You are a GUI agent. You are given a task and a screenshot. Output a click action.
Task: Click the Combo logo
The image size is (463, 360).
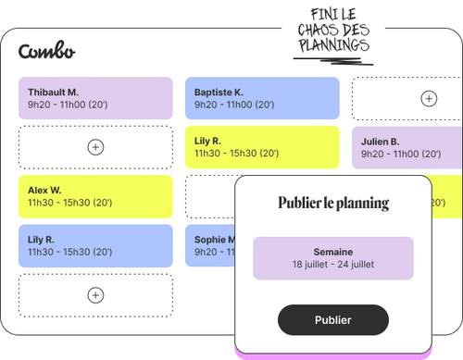[46, 52]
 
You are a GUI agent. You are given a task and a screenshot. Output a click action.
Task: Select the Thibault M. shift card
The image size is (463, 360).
[95, 98]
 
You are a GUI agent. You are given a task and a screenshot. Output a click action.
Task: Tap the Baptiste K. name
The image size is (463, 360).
[219, 93]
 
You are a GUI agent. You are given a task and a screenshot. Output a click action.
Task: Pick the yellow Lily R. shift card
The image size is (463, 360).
[262, 146]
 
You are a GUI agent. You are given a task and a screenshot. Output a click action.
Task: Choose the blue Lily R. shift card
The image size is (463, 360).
[95, 245]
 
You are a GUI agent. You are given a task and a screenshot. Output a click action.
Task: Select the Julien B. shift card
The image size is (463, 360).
[407, 147]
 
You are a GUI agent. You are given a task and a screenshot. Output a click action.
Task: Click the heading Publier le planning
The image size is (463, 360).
[333, 203]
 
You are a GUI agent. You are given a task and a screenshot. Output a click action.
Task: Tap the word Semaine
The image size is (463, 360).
[333, 250]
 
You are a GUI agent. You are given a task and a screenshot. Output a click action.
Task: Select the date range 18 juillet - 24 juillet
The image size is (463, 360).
[333, 264]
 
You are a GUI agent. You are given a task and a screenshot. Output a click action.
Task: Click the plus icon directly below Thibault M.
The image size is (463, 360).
[95, 146]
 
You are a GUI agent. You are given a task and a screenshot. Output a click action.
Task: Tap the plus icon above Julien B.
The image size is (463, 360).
[428, 98]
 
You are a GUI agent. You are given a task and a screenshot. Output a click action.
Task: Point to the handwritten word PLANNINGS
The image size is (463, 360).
[332, 44]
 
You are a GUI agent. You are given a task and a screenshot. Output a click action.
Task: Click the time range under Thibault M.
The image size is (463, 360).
[69, 106]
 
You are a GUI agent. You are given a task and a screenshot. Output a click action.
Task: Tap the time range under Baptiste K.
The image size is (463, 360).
[236, 106]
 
